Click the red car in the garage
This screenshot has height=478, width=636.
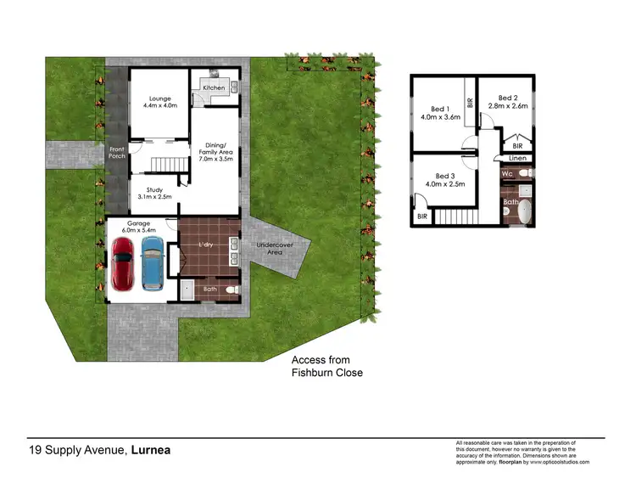pyautogui.click(x=123, y=262)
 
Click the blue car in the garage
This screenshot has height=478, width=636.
pyautogui.click(x=153, y=262)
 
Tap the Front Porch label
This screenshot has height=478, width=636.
pyautogui.click(x=116, y=154)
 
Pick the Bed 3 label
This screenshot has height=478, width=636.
pyautogui.click(x=444, y=178)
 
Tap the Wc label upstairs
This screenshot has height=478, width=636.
pyautogui.click(x=506, y=174)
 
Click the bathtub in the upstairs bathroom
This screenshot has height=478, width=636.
pyautogui.click(x=527, y=211)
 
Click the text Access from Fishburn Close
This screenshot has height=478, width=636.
pyautogui.click(x=326, y=367)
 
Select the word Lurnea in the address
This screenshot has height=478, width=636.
pyautogui.click(x=149, y=450)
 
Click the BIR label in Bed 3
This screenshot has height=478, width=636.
pyautogui.click(x=422, y=217)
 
